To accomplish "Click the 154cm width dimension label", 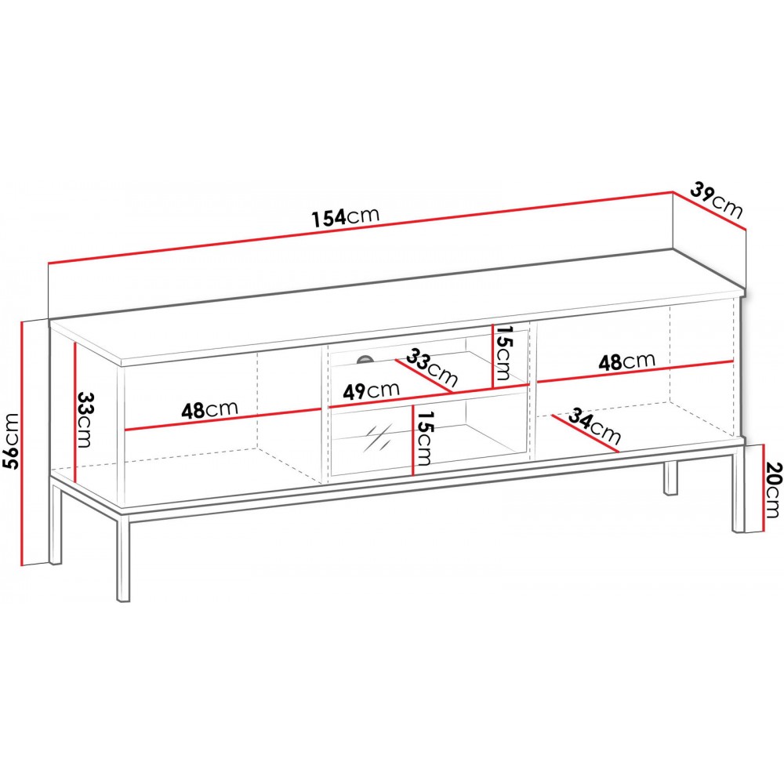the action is (x=346, y=216).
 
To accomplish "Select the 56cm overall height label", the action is (x=10, y=441).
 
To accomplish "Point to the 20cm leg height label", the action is (x=771, y=490).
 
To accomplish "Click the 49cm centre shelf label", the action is (x=371, y=390).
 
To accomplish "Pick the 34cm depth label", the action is (x=595, y=426).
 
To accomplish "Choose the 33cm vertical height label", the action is (x=85, y=419).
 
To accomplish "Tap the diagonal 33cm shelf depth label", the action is (x=431, y=368).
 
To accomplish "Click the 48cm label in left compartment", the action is (x=209, y=409).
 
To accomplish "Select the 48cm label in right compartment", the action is (x=626, y=361).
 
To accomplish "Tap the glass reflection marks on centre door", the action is (x=378, y=438).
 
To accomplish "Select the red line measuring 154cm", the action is (x=361, y=227).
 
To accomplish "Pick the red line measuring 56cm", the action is (x=23, y=444).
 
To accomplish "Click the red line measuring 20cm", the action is (x=764, y=488).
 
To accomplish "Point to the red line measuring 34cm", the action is (x=585, y=433).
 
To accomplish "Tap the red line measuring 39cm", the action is (x=710, y=210).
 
